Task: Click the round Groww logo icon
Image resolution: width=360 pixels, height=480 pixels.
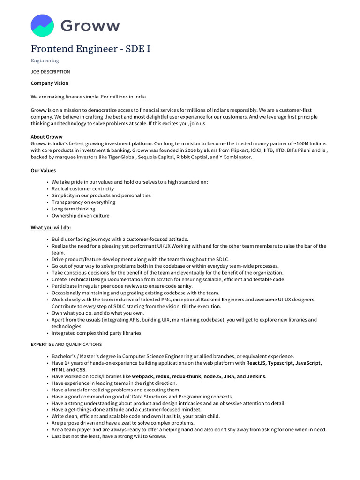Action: click(x=42, y=25)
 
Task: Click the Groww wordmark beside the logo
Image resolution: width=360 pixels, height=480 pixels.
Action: click(x=90, y=26)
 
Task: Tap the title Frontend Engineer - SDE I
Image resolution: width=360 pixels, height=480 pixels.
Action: click(x=90, y=49)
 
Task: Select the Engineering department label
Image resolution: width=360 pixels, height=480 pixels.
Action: click(x=45, y=60)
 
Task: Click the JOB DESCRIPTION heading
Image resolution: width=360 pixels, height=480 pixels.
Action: click(x=50, y=72)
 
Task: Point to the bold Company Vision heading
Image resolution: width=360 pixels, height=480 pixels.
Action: click(x=49, y=83)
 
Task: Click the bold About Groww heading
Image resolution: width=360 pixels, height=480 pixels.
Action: click(x=46, y=137)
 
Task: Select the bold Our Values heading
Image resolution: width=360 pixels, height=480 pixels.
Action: click(x=43, y=171)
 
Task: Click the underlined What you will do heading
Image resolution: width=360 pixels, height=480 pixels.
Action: click(x=51, y=228)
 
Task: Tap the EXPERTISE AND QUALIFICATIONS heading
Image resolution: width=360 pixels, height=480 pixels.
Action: click(x=66, y=345)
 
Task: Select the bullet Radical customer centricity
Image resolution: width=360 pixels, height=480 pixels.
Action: click(x=82, y=189)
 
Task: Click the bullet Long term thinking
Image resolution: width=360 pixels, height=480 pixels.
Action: click(x=73, y=209)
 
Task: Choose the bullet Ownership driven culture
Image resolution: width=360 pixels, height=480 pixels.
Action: click(x=80, y=216)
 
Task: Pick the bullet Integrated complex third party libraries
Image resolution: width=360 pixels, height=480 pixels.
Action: click(x=97, y=333)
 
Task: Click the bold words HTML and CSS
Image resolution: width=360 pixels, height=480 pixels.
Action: click(x=69, y=370)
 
